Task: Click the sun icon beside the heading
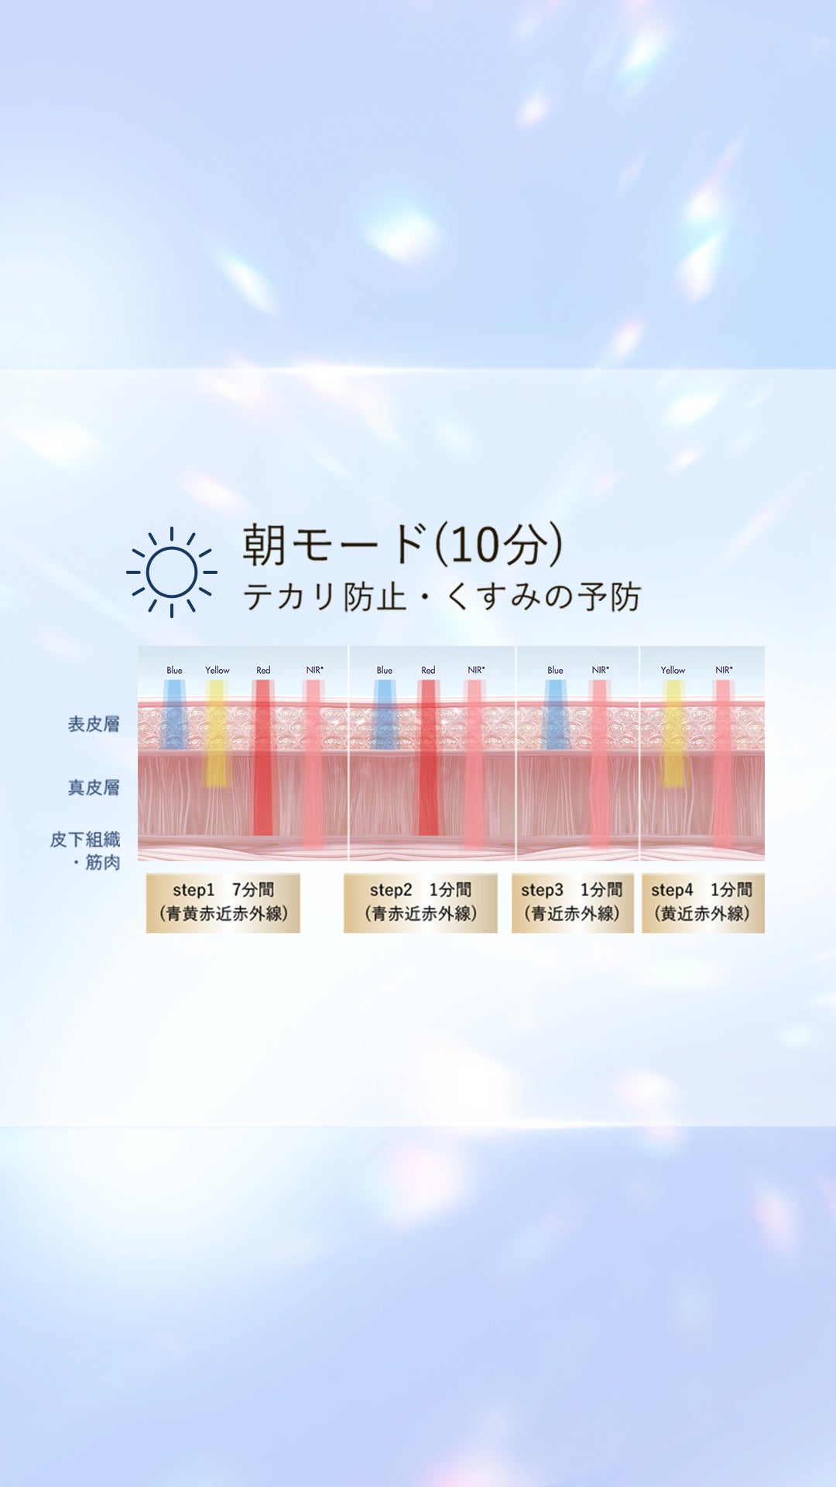pos(172,572)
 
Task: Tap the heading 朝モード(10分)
pos(403,544)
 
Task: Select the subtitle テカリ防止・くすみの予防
pos(442,596)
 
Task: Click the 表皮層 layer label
pos(94,724)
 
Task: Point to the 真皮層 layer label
pos(94,788)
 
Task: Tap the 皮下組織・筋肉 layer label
pos(85,850)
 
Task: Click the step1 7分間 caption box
pos(223,903)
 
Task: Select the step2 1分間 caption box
pos(420,903)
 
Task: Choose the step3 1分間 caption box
pos(572,903)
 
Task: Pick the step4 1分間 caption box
pos(703,903)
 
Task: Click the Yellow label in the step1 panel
pos(218,670)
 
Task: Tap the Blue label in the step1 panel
pos(174,670)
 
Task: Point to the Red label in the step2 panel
pos(428,670)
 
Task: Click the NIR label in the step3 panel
pos(601,670)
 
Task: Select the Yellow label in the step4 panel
pos(673,670)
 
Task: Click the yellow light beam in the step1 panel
pos(217,733)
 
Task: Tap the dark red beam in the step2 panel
pos(428,757)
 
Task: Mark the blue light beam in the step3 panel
pos(555,714)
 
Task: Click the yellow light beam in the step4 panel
pos(674,733)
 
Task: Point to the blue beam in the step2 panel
pos(385,714)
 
